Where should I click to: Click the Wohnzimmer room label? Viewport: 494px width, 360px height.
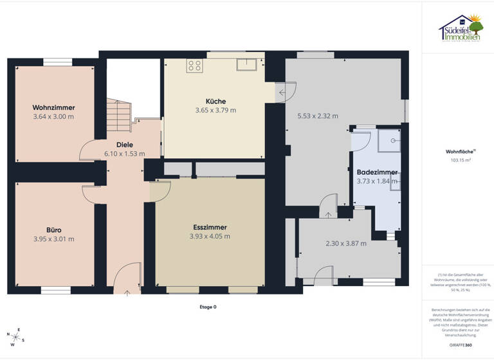click(x=54, y=107)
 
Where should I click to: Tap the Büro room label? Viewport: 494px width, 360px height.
click(x=54, y=230)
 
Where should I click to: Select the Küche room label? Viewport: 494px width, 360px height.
click(x=215, y=101)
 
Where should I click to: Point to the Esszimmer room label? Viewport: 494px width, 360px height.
click(x=210, y=227)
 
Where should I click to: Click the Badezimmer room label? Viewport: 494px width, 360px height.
click(x=377, y=172)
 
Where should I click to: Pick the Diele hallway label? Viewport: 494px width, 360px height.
click(x=124, y=145)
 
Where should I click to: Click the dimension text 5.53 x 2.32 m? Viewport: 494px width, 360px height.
click(x=318, y=116)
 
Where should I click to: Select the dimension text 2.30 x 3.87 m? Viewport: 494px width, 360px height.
click(x=346, y=244)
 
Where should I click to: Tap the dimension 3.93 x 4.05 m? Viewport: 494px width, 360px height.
click(x=210, y=236)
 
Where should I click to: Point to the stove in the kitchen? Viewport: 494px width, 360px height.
click(x=195, y=65)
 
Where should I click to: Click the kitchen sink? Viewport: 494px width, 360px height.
click(x=246, y=64)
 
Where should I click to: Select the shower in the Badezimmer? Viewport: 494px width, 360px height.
click(x=391, y=139)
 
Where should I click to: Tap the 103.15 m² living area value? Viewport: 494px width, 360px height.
click(x=457, y=161)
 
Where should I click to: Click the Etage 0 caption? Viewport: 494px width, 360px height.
click(x=208, y=307)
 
